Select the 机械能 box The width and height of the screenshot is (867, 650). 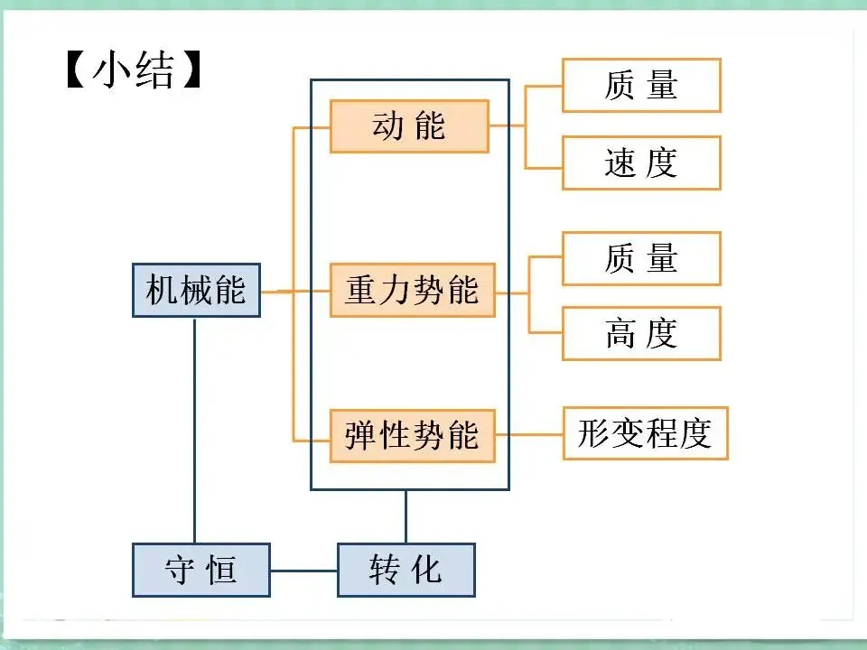[x=196, y=291]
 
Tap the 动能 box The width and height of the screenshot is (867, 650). [x=409, y=126]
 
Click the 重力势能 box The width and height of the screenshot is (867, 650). [x=412, y=291]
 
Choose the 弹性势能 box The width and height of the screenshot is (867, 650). [x=412, y=436]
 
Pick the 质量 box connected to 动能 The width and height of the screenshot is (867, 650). [x=641, y=86]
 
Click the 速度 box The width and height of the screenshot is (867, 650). [x=641, y=162]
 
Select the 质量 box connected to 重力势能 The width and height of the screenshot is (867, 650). [x=641, y=259]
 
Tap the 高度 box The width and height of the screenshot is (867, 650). [x=641, y=334]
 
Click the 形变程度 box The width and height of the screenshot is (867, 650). [x=645, y=434]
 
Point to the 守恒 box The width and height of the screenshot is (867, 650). [x=200, y=570]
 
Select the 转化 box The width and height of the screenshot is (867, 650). [x=406, y=570]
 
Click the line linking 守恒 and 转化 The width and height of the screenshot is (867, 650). [x=303, y=570]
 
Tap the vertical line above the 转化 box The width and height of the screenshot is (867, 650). [x=406, y=516]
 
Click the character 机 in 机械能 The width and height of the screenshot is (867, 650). [x=162, y=291]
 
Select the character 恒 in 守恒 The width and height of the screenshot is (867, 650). [x=222, y=570]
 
